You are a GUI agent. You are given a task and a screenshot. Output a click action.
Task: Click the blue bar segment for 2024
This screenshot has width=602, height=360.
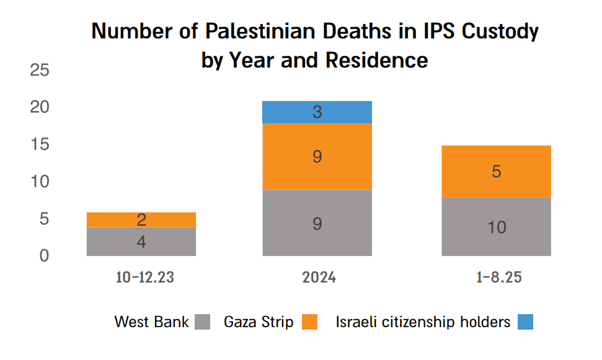click(317, 112)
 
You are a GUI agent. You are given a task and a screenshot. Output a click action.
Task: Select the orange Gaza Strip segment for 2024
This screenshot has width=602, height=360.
click(317, 157)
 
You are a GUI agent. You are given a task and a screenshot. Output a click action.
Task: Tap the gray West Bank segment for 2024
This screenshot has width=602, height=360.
click(317, 222)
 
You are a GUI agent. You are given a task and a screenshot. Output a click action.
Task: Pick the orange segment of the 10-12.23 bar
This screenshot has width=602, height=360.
click(141, 220)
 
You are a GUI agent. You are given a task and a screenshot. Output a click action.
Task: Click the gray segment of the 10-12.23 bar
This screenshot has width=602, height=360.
click(141, 242)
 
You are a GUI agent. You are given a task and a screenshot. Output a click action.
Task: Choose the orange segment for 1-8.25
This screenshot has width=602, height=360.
click(496, 172)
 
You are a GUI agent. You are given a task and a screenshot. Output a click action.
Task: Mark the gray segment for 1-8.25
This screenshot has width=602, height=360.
click(496, 227)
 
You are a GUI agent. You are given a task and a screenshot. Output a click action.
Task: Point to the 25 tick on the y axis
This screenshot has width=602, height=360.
click(40, 71)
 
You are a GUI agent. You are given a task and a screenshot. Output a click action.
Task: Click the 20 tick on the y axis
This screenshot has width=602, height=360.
click(40, 108)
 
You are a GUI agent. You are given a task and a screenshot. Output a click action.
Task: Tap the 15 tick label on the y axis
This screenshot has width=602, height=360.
click(40, 145)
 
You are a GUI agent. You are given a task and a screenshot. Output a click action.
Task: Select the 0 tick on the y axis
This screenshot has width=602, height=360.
click(44, 255)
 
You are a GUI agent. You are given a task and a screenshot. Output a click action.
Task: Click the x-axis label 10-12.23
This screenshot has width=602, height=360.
click(144, 277)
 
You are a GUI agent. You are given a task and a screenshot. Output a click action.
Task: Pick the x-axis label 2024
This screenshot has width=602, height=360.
click(319, 277)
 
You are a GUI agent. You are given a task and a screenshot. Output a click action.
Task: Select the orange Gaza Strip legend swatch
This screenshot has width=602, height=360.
click(309, 322)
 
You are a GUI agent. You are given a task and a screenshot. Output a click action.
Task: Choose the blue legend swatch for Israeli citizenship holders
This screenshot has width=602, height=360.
click(525, 322)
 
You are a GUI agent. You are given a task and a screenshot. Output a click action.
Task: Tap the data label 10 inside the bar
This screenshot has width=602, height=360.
click(496, 227)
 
